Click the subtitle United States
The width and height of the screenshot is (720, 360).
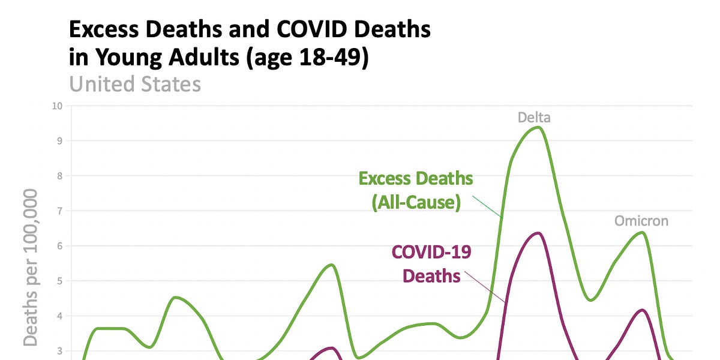[x=135, y=83]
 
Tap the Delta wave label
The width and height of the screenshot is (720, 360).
[x=534, y=118]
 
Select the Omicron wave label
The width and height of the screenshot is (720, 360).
[x=641, y=221]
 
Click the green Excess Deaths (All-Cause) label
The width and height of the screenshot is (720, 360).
[x=416, y=190]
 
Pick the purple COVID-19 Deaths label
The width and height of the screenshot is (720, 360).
[x=431, y=264]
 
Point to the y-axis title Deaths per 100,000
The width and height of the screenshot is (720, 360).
[x=31, y=267]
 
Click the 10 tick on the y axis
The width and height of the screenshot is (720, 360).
[x=58, y=106]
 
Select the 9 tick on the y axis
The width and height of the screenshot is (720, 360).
[x=59, y=141]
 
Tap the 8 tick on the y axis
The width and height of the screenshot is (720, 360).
[x=59, y=176]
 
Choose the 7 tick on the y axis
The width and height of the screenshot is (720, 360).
[x=59, y=211]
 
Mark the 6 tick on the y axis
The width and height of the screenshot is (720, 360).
[x=59, y=246]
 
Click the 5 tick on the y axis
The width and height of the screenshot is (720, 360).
[x=59, y=281]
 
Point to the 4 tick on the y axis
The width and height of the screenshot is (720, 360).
[x=59, y=316]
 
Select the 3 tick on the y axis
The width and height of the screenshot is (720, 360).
[x=59, y=351]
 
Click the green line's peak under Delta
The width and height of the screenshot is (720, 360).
[x=538, y=127]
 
